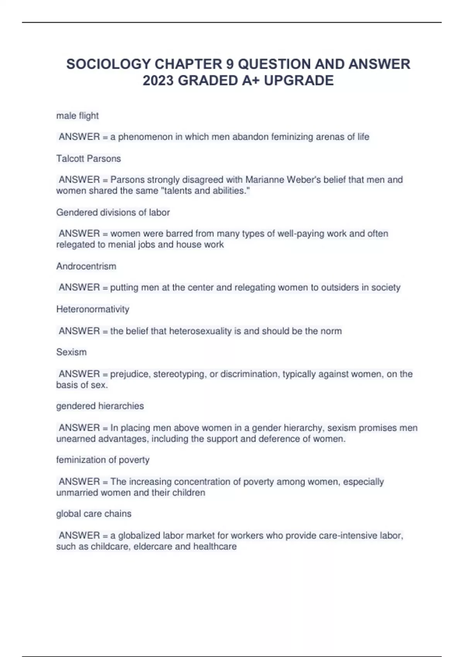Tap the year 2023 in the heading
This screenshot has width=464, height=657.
[158, 80]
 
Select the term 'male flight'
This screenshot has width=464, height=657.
[77, 116]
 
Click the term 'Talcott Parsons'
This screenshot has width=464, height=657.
[89, 158]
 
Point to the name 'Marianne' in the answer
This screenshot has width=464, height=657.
[263, 180]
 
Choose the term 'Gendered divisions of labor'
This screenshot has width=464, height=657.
[113, 212]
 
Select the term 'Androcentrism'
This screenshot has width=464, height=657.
[86, 266]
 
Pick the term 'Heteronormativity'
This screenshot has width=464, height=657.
[93, 309]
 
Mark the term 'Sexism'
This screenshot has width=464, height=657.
[72, 352]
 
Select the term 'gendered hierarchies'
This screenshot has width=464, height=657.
[100, 406]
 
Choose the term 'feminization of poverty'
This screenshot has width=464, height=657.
[103, 460]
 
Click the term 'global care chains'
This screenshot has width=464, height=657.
[94, 514]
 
